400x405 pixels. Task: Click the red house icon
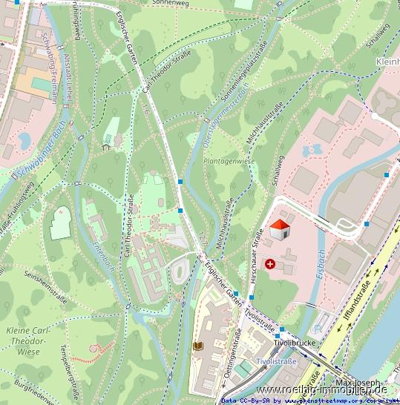[x=279, y=230]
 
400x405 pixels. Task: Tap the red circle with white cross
[x=269, y=263]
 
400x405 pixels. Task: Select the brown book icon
[x=197, y=346]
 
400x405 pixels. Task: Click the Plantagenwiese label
[x=229, y=160]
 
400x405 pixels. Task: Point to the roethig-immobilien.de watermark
[x=321, y=389]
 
